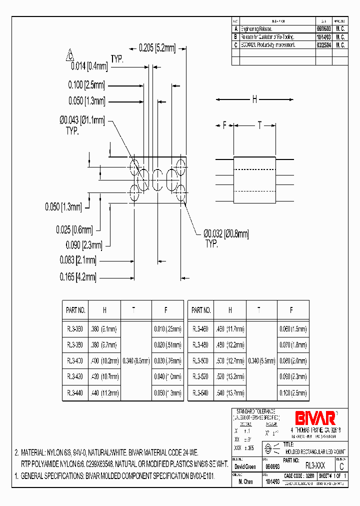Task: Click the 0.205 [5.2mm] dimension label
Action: click(x=157, y=48)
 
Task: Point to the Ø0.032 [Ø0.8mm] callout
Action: click(x=226, y=233)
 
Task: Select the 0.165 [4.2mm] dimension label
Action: click(x=77, y=276)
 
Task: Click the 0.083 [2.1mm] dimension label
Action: click(x=77, y=260)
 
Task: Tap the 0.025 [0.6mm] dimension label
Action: click(x=74, y=229)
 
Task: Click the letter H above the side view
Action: click(x=254, y=99)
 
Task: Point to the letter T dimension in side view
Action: click(x=259, y=125)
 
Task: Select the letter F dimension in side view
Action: click(x=224, y=125)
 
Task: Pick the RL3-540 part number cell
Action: click(x=201, y=393)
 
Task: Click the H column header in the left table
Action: click(x=104, y=310)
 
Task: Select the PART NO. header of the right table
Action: click(x=201, y=310)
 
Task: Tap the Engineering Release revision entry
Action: click(x=256, y=29)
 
